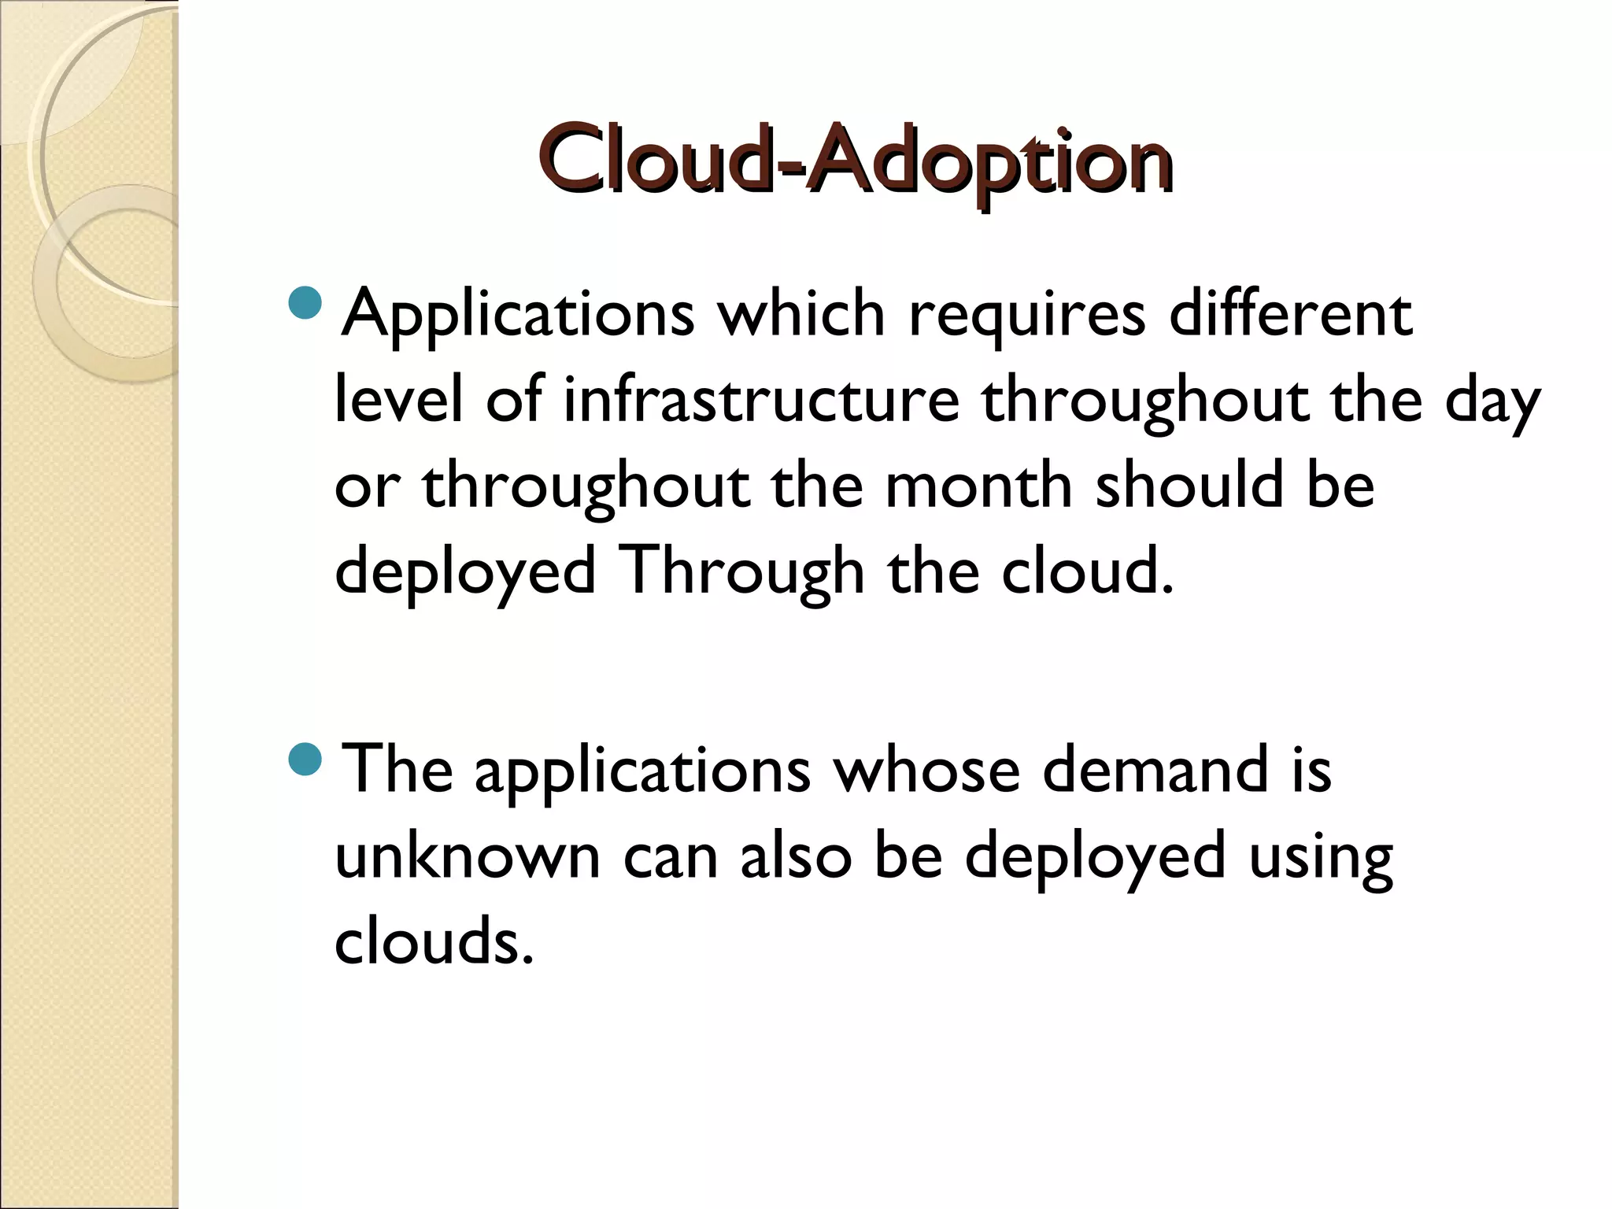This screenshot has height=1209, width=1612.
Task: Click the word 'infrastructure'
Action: (761, 399)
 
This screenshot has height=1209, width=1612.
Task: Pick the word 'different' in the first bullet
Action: (1291, 313)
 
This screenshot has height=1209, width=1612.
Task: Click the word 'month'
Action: (978, 485)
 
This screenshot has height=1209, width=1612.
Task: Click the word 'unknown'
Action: (468, 856)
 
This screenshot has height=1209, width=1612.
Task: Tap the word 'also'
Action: (795, 856)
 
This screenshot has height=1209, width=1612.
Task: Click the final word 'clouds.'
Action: (434, 941)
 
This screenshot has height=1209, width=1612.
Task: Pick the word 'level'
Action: (398, 399)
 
